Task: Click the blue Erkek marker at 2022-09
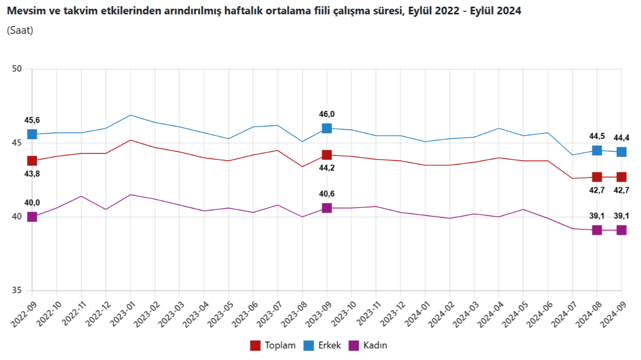tap(32, 134)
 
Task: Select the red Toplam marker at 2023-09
tap(327, 155)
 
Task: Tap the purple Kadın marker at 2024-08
tap(597, 230)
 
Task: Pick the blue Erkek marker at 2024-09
tap(621, 152)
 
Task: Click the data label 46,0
tap(326, 114)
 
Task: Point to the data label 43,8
tap(32, 174)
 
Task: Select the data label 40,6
tap(326, 194)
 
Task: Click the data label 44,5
tap(597, 136)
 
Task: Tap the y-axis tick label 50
tap(16, 69)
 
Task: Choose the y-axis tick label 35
tap(16, 291)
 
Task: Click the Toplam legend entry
tap(274, 345)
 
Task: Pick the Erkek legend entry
tap(322, 345)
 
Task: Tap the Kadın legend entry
tap(368, 345)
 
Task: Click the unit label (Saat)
tap(20, 31)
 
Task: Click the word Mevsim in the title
tap(23, 11)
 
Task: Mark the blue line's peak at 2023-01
tap(130, 115)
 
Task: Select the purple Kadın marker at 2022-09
tap(32, 217)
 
